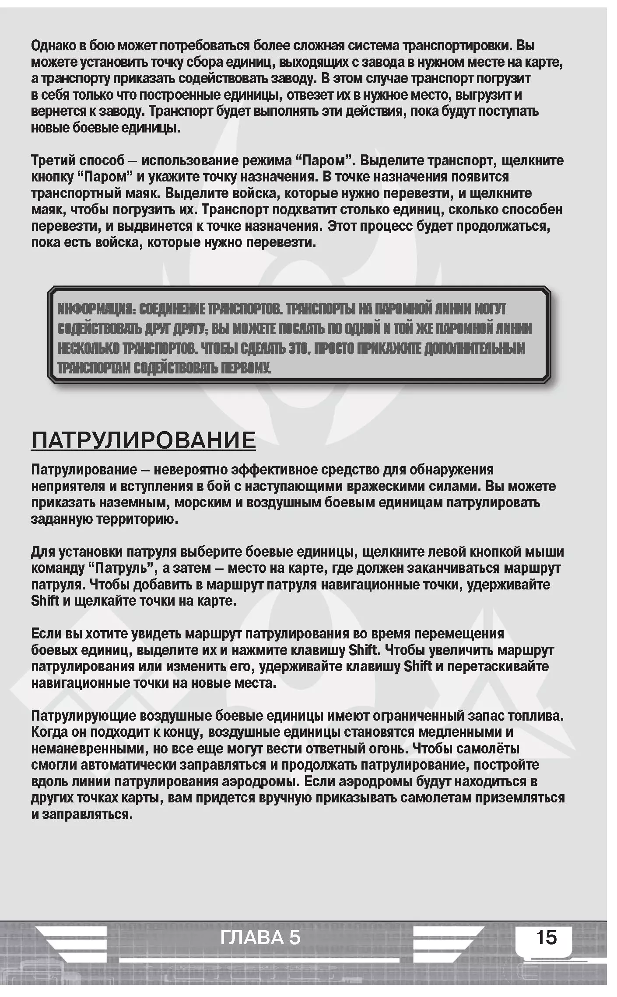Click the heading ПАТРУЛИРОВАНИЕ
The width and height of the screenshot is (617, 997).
point(144,440)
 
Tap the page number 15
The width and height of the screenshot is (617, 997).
point(546,938)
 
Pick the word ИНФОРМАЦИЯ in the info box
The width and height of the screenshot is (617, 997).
point(96,309)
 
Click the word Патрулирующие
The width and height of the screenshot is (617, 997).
point(83,716)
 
